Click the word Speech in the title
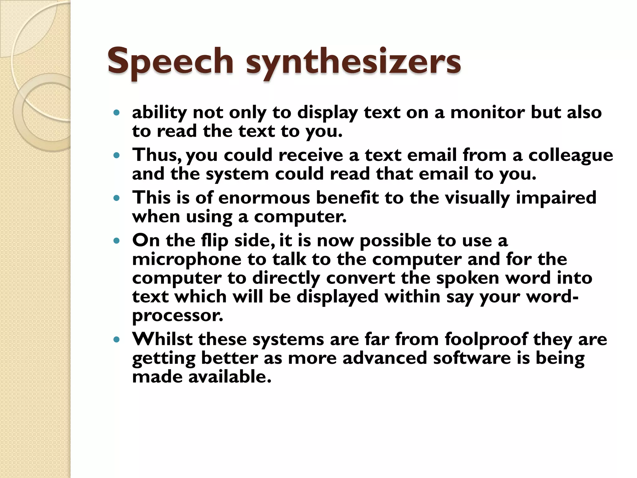point(170,61)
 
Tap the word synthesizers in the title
point(353,61)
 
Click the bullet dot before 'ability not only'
point(117,113)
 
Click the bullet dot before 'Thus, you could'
point(117,155)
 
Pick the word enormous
point(264,198)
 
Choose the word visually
point(477,199)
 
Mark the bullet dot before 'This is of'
point(117,198)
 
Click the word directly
point(286,278)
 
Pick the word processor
point(178,316)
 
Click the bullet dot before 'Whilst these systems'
point(117,340)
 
